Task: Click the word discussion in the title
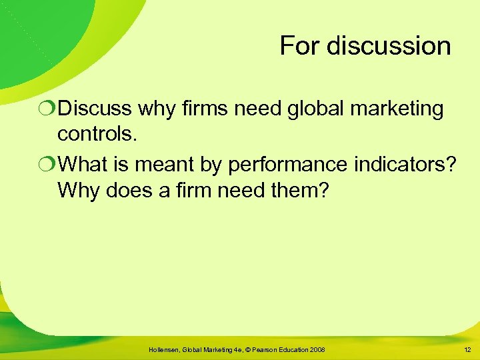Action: (387, 46)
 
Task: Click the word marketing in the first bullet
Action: (399, 109)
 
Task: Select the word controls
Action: (97, 134)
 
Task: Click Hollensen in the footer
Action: (169, 350)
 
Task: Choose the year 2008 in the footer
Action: (317, 350)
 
